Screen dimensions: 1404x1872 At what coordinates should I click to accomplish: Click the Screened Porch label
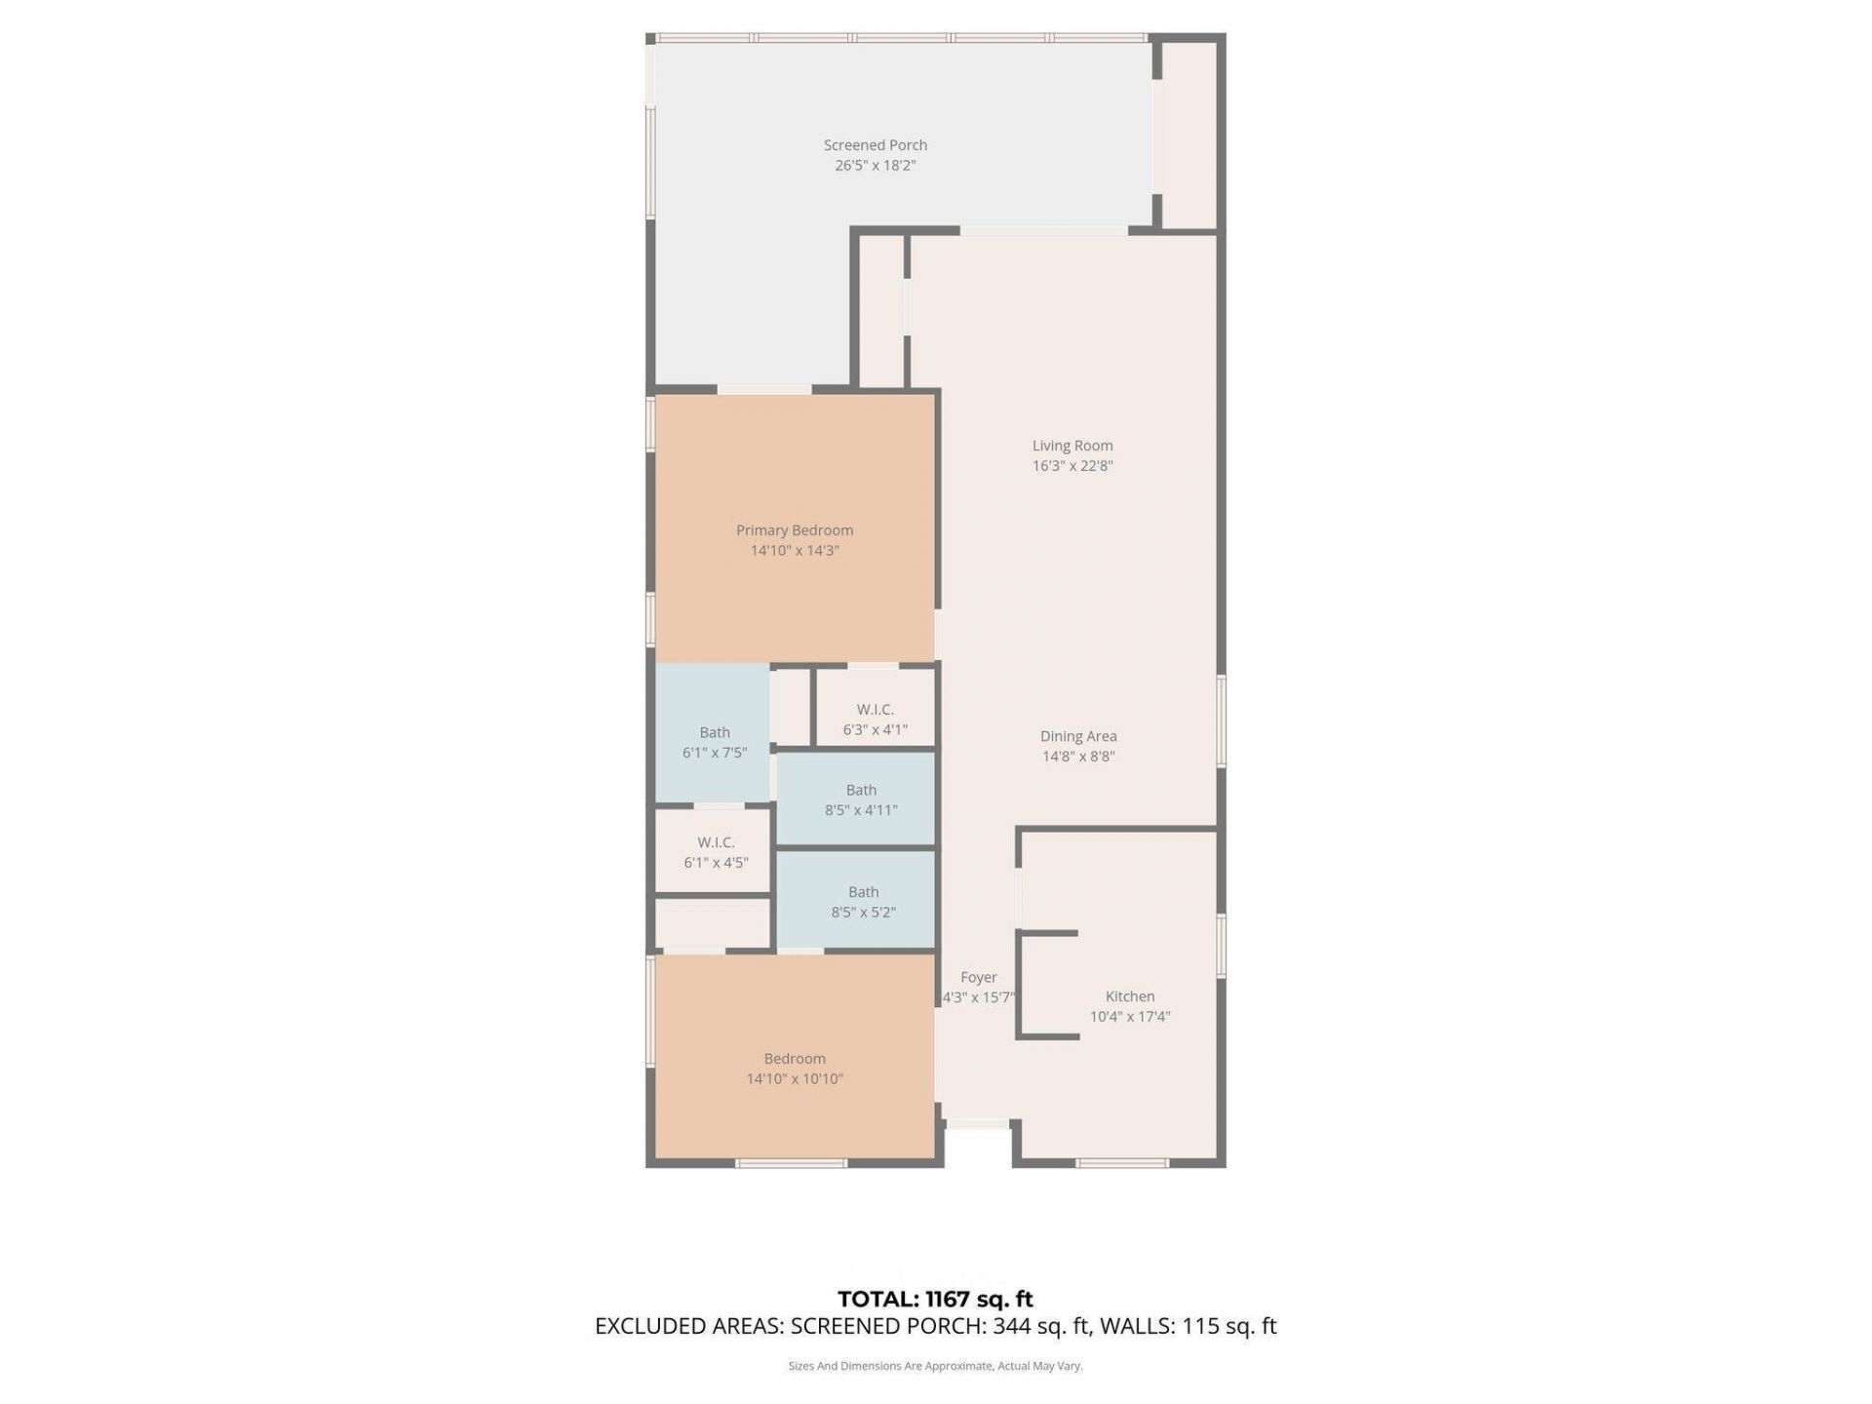(875, 145)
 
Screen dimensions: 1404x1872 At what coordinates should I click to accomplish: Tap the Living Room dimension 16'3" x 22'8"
(1072, 466)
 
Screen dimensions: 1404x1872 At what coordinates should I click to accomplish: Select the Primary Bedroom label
(794, 530)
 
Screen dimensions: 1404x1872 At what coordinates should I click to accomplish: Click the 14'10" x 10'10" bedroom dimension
(794, 1079)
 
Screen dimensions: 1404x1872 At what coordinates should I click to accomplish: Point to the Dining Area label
(1077, 736)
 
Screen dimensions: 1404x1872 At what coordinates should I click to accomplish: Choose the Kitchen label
(1129, 996)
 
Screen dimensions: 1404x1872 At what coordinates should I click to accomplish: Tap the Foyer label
(978, 977)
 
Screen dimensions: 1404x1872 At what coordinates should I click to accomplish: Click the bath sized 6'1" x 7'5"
(714, 742)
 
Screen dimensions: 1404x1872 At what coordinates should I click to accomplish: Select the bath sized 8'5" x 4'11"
(860, 799)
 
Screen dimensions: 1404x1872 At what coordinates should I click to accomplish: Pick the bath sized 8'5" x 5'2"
(863, 902)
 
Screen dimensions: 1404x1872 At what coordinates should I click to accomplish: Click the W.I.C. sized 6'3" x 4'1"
(875, 719)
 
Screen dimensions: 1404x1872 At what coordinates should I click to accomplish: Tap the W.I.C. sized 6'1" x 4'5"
(715, 852)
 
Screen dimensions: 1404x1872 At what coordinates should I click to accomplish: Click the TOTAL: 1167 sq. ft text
(935, 1299)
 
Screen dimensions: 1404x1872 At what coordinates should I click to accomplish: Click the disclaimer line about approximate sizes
(935, 1366)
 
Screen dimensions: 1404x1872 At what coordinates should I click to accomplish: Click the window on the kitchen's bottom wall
(1121, 1163)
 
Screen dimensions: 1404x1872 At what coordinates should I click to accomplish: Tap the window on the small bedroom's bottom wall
(791, 1163)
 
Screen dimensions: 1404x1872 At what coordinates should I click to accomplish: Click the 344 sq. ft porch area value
(1040, 1326)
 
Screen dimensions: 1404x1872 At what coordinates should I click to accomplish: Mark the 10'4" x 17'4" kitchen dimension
(1129, 1017)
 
